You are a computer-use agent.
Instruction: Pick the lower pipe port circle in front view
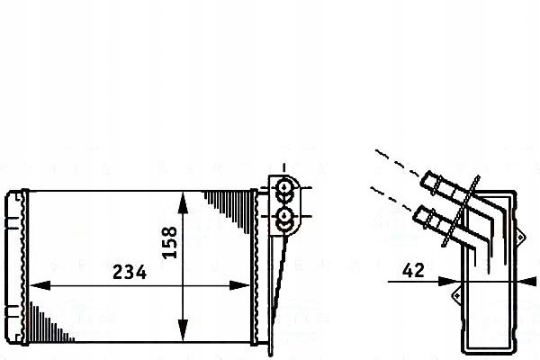(x=285, y=217)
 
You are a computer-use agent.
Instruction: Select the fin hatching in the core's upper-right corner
(x=225, y=203)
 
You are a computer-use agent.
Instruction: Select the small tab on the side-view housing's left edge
(x=456, y=295)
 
